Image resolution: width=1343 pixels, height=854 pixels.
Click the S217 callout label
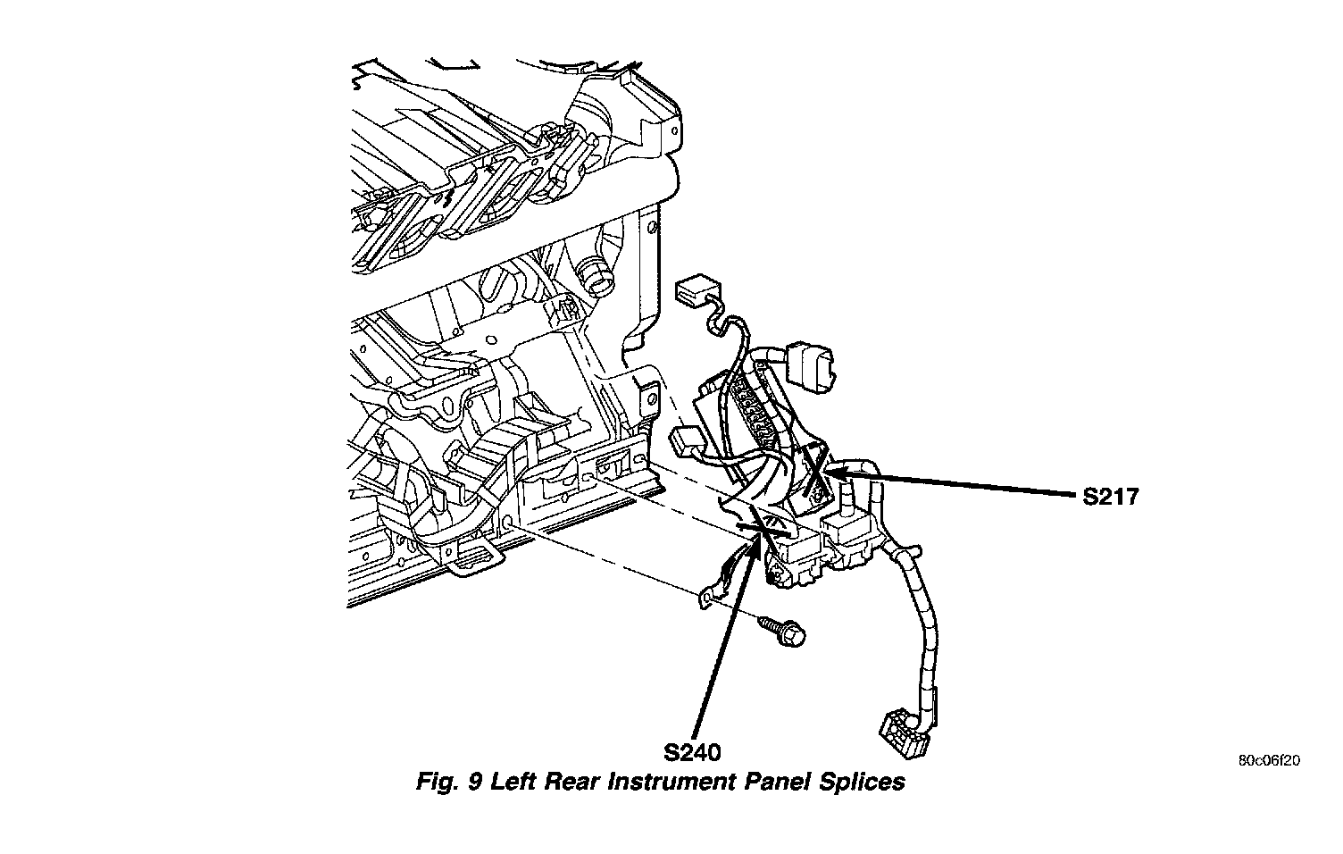tap(1110, 497)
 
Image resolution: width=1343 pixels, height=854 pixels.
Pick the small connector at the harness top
tap(698, 289)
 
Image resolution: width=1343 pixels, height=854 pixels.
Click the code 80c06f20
tap(1269, 762)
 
